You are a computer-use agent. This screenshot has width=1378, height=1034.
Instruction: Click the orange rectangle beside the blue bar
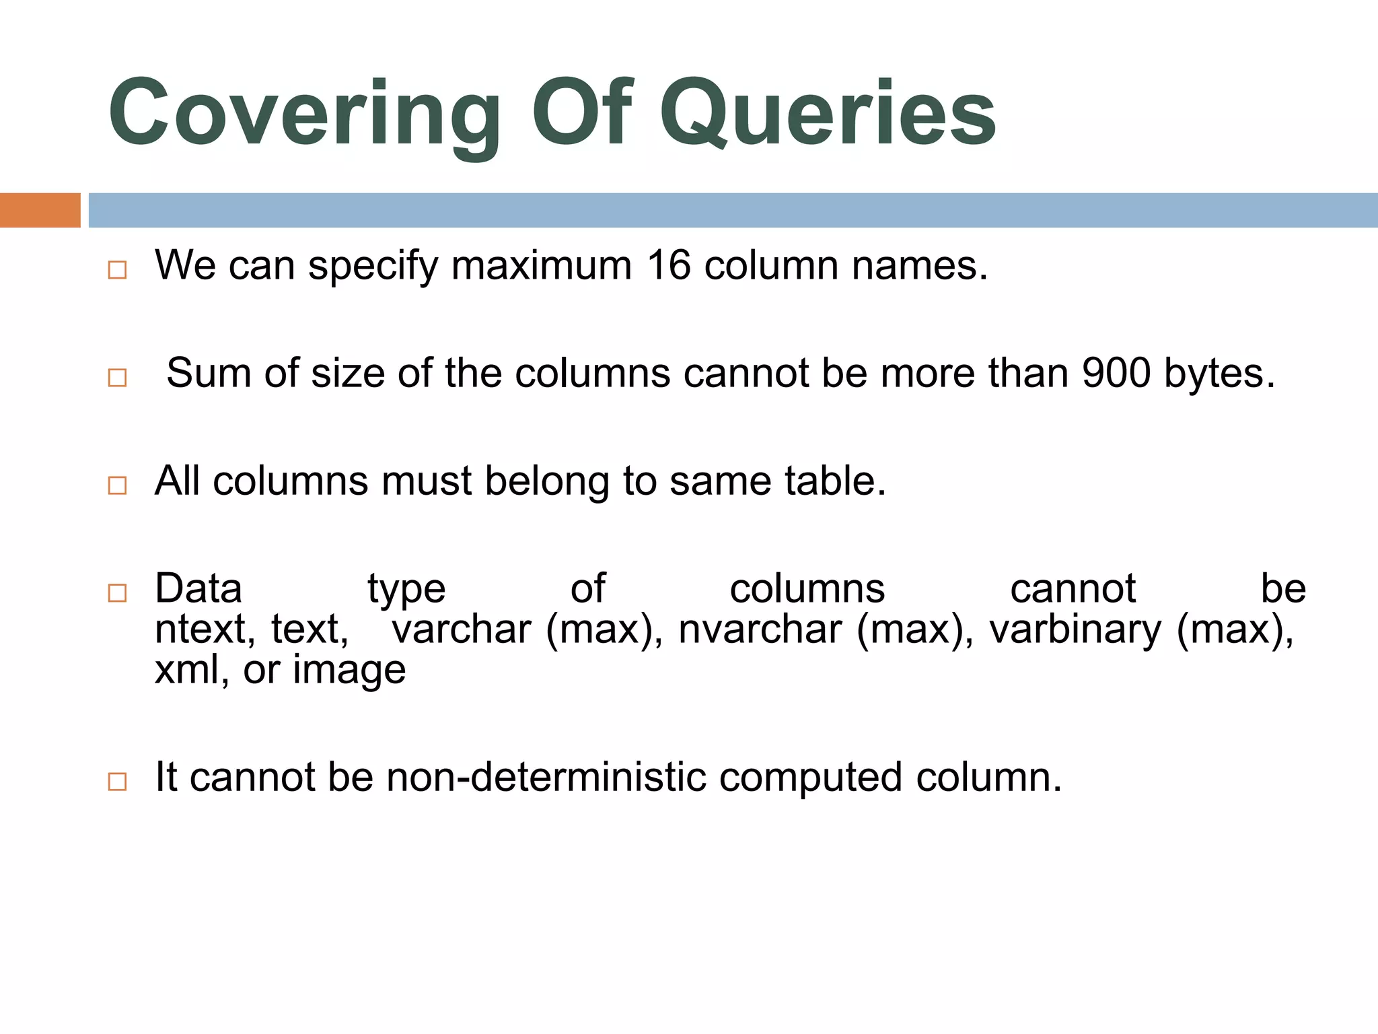coord(40,210)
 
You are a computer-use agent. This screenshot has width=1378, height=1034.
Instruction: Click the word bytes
coord(1219,374)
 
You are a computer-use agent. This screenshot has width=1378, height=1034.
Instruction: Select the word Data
coord(198,588)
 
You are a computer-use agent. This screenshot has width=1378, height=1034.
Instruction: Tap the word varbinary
coord(1075,631)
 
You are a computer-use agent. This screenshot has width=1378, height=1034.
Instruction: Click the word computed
coord(810,778)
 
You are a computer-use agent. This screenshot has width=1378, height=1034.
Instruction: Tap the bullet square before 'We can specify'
coord(117,270)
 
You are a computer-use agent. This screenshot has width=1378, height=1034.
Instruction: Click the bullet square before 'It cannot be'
coord(117,782)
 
